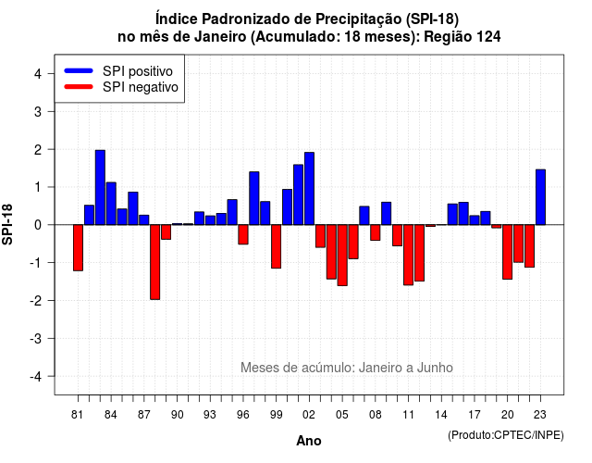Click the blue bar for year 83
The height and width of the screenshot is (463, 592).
coord(100,187)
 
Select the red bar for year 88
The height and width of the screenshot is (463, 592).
coord(154,262)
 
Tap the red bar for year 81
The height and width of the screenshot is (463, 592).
coord(78,247)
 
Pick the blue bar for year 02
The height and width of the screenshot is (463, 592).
coord(309,189)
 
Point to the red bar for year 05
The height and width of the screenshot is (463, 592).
coord(342,256)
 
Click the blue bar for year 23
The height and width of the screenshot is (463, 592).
coord(540,197)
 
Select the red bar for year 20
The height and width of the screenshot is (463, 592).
coord(508,252)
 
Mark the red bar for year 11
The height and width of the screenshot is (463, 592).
coord(408,255)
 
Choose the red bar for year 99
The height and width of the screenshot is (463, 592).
coord(276,246)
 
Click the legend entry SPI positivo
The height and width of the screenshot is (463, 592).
coord(138,71)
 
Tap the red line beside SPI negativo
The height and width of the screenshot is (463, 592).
coord(79,86)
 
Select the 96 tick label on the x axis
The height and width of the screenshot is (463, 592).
coord(243,415)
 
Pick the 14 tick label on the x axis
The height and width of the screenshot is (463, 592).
coord(441,415)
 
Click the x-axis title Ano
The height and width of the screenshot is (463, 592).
coord(309,441)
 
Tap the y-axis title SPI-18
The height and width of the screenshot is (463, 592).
coord(7,224)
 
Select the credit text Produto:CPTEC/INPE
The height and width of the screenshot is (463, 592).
coord(506,435)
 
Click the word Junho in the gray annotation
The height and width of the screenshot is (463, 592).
coord(435,368)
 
